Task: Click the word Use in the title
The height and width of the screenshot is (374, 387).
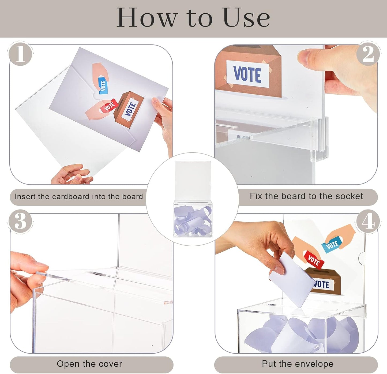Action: point(246,18)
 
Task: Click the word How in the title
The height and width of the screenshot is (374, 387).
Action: point(147,18)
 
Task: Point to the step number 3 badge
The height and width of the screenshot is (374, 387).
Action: point(20,222)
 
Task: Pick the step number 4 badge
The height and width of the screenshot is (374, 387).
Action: point(368,222)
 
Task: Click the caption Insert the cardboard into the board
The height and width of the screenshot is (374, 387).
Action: point(79,197)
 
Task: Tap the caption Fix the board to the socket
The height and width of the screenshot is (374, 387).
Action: point(306,196)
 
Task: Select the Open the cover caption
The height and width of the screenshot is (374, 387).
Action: point(89,364)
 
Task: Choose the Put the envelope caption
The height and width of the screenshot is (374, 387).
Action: point(298,364)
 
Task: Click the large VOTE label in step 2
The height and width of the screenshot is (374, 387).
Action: point(247,74)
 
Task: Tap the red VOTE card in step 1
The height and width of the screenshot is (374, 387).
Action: point(109,106)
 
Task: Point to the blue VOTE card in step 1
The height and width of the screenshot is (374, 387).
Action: point(103,85)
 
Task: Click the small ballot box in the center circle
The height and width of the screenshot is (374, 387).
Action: point(193,218)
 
